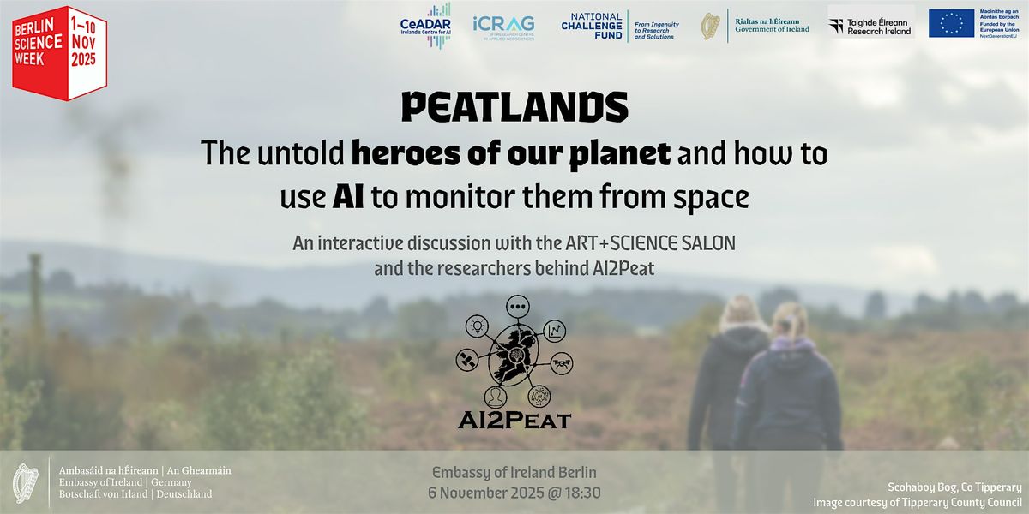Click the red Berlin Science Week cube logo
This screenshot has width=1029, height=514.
point(59,52)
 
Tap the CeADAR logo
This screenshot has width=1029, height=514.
point(425,25)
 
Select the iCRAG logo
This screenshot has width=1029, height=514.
point(503,26)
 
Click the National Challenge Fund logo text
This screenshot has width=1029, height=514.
point(592,26)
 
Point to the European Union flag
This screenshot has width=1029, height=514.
point(951,24)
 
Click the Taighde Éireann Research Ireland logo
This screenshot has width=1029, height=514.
point(870,25)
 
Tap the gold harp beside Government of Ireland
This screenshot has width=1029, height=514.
point(710,26)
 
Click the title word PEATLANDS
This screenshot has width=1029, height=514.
point(514,107)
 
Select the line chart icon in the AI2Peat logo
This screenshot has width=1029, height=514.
point(555,329)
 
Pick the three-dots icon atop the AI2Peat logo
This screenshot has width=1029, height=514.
point(516,305)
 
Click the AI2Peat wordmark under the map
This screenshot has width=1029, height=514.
point(514,421)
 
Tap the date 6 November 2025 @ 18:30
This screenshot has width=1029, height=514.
point(514,493)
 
